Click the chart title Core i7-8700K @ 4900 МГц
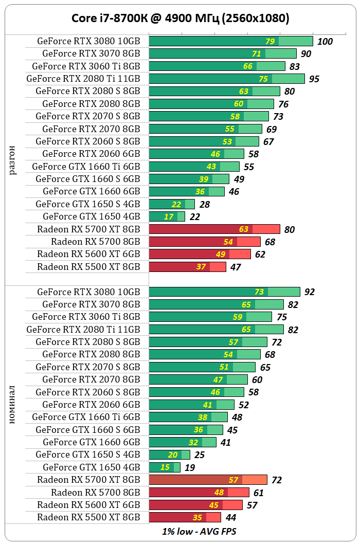pos(180,19)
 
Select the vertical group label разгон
pos(13,160)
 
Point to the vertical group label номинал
pos(13,405)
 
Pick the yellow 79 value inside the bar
pos(270,42)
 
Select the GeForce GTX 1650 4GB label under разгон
pos(92,216)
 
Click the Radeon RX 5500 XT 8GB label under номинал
pos(88,517)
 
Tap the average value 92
pos(309,292)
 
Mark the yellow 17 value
pos(169,216)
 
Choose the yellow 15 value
pos(165,467)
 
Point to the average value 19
pos(190,467)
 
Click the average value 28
pos(205,205)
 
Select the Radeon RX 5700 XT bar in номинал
pos(208,480)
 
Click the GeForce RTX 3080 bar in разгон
pos(230,42)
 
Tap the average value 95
pos(314,79)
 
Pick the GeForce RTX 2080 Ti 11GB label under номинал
pos(83,330)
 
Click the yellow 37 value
pos(201,267)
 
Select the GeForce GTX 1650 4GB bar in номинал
pos(165,467)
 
